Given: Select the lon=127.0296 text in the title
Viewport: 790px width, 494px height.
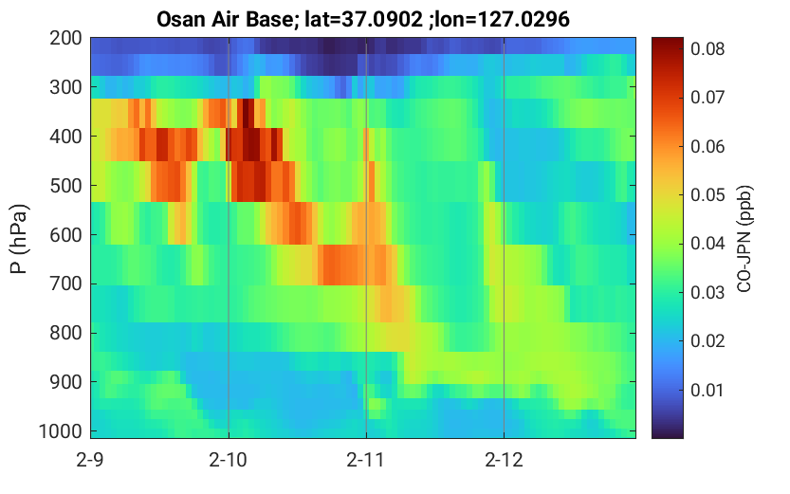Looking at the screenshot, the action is [x=503, y=20].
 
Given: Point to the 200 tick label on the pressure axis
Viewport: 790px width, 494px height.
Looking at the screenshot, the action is [x=65, y=38].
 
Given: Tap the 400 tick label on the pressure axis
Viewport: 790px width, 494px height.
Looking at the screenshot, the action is [x=65, y=136].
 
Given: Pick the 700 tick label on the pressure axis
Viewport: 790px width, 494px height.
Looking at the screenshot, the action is [x=65, y=284].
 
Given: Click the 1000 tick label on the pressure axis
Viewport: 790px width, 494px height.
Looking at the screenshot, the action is [x=61, y=431].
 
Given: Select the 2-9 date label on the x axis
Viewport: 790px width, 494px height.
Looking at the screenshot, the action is [x=90, y=460].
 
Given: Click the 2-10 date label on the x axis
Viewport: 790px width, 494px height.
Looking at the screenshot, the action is [x=229, y=460].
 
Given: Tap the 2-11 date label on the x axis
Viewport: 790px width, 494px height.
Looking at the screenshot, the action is [x=366, y=460].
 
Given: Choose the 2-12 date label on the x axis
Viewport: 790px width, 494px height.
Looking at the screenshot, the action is [x=504, y=460].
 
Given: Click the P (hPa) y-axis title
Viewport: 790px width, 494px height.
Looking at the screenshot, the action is [x=19, y=239].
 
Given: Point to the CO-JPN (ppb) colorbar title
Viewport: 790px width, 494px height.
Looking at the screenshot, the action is [x=744, y=239].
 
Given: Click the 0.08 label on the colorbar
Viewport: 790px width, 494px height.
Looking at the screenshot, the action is [x=707, y=49].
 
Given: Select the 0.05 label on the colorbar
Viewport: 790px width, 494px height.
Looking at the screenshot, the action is [x=707, y=195].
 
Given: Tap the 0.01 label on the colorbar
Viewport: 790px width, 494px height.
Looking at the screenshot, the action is [x=707, y=390].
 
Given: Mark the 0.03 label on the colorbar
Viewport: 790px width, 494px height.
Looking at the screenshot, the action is [x=707, y=293].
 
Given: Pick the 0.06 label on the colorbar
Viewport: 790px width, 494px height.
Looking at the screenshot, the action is [x=707, y=147].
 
